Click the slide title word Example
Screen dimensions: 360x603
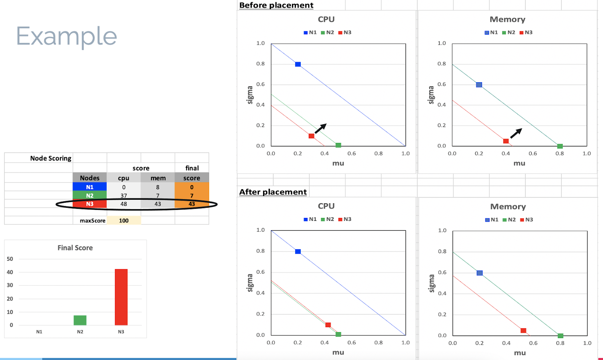tap(66, 37)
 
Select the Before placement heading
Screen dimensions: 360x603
tap(276, 5)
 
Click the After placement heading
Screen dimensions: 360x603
tap(273, 192)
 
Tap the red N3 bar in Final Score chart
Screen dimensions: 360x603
tap(121, 297)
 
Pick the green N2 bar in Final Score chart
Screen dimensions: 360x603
tap(80, 320)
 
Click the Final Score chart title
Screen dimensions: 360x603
tap(75, 248)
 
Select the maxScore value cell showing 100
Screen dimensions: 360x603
tap(124, 221)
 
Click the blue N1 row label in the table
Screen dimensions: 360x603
tap(90, 187)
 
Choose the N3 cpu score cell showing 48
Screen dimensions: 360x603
tap(124, 204)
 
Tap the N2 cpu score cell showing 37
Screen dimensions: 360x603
tap(124, 196)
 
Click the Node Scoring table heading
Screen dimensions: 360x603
tap(51, 158)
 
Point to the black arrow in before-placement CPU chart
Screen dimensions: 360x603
tap(320, 129)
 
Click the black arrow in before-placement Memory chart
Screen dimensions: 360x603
tap(516, 133)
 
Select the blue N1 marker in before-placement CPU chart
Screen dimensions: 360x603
tap(298, 64)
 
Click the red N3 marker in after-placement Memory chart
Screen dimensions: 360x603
tap(523, 331)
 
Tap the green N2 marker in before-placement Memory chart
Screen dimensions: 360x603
tap(560, 146)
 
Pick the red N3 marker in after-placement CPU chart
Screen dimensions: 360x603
tap(328, 325)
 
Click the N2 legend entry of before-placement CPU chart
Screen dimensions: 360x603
tap(328, 32)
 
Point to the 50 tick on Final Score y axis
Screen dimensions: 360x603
tap(10, 259)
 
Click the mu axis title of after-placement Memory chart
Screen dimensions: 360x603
tap(520, 353)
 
